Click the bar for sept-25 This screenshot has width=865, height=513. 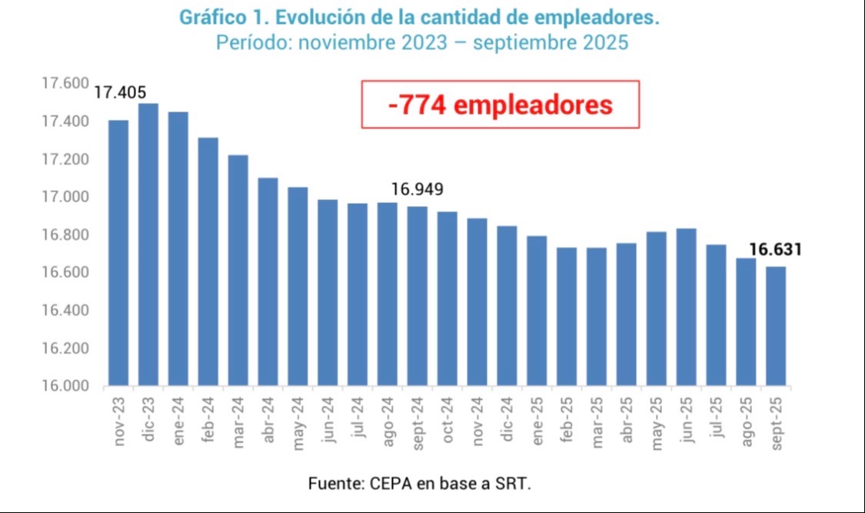click(775, 326)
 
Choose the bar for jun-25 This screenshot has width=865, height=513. click(686, 307)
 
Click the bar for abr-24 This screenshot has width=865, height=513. click(268, 281)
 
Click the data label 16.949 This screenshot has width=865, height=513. click(418, 189)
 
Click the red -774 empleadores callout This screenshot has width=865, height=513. click(501, 105)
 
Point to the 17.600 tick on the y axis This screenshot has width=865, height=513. click(65, 84)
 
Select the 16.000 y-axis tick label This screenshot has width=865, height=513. click(65, 386)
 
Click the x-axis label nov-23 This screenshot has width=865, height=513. click(120, 423)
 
